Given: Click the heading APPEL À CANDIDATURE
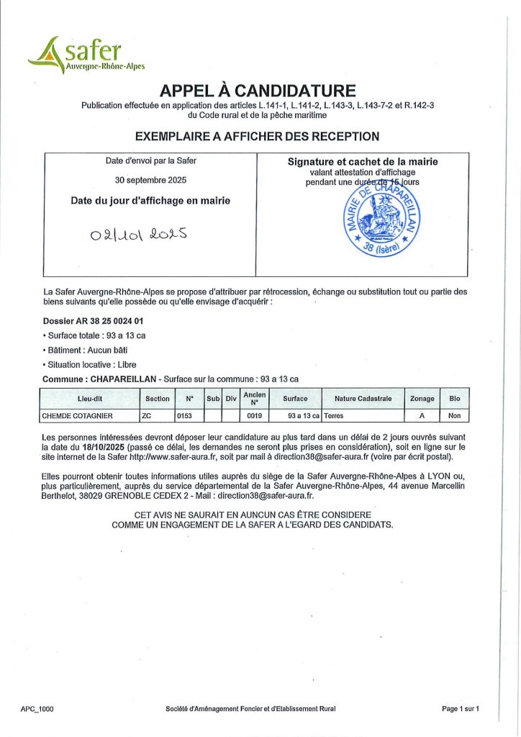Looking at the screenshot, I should click(258, 91).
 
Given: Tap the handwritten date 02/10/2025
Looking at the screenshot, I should click(139, 234).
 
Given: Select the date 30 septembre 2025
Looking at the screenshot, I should click(150, 180).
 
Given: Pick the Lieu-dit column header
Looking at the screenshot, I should click(90, 398).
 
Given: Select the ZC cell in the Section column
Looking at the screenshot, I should click(148, 416).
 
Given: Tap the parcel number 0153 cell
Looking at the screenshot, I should click(186, 416).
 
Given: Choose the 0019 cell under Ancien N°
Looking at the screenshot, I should click(254, 416).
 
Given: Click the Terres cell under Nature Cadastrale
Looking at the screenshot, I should click(335, 416).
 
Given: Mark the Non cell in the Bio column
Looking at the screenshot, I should click(454, 416).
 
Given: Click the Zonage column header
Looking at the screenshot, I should click(422, 398).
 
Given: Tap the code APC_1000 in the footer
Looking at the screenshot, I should click(37, 709).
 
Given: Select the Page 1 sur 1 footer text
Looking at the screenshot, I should click(461, 709).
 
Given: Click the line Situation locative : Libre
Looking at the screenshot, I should click(91, 364).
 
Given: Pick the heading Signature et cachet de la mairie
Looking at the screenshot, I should click(363, 162).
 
